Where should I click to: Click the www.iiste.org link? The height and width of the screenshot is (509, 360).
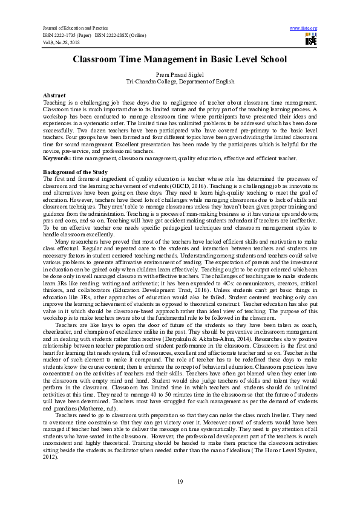tap(304, 28)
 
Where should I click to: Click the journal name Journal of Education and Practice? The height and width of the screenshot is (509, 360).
tap(67, 28)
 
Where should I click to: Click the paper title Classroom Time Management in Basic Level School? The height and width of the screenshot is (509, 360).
tap(180, 60)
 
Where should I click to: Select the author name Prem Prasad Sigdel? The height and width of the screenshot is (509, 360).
tap(180, 74)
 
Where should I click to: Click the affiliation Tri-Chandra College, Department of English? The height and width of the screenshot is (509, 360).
tap(180, 80)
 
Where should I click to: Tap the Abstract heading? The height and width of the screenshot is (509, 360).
tap(54, 96)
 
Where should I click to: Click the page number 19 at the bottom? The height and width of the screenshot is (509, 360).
tap(180, 481)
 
